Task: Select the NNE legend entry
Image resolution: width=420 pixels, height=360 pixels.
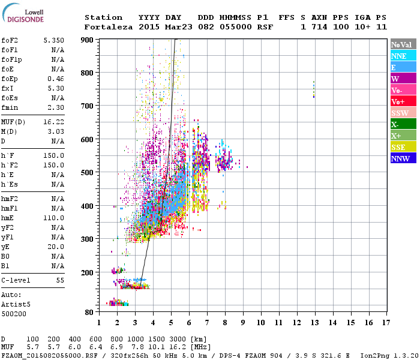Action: coord(403,56)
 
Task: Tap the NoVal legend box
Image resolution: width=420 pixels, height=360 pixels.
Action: coord(403,44)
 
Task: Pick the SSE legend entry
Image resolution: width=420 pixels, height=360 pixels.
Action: coord(403,148)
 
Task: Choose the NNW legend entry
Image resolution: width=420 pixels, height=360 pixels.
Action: coord(403,159)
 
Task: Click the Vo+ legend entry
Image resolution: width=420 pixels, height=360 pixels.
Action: coord(403,101)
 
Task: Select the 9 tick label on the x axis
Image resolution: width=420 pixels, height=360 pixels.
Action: coord(243,322)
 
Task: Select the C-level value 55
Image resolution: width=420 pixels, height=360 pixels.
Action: coord(60,280)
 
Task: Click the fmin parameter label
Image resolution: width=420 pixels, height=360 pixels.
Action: coord(11,107)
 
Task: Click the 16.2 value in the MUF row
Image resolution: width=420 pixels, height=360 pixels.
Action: coord(165,347)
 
